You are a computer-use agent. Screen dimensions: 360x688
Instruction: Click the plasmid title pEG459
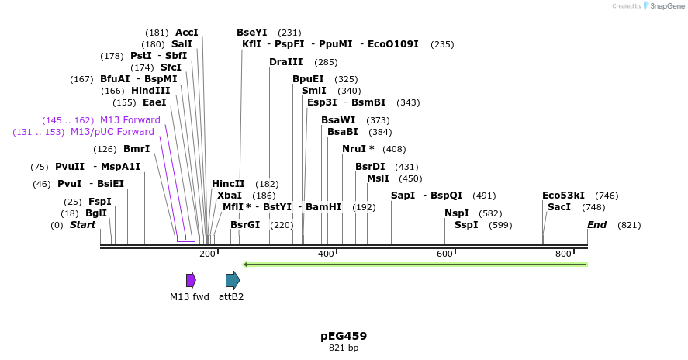pos(344,336)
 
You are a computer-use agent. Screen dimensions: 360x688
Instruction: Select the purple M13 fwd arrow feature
pos(191,280)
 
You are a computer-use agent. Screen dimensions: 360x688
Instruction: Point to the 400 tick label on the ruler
pos(326,254)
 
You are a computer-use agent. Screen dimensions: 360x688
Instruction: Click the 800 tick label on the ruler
pos(563,254)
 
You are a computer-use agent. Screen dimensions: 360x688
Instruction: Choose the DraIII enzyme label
pos(286,62)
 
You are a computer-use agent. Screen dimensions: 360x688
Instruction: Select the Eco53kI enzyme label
pos(563,196)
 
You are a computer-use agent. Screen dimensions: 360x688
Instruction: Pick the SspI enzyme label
pos(466,225)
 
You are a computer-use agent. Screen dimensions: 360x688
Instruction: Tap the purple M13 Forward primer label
pos(130,120)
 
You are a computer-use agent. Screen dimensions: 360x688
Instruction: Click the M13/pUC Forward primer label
pos(112,132)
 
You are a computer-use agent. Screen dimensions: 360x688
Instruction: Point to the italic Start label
pos(82,225)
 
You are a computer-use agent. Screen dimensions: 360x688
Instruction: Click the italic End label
pos(596,225)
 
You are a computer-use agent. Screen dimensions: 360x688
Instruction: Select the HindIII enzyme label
pos(150,91)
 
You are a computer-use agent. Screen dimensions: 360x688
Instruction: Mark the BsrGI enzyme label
pos(245,225)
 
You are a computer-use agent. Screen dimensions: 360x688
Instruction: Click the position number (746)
pos(607,196)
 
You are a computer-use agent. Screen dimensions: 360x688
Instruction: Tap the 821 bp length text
pos(344,348)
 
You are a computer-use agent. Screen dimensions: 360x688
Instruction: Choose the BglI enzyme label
pos(96,213)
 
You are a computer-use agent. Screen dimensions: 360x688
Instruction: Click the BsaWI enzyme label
pos(338,120)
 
